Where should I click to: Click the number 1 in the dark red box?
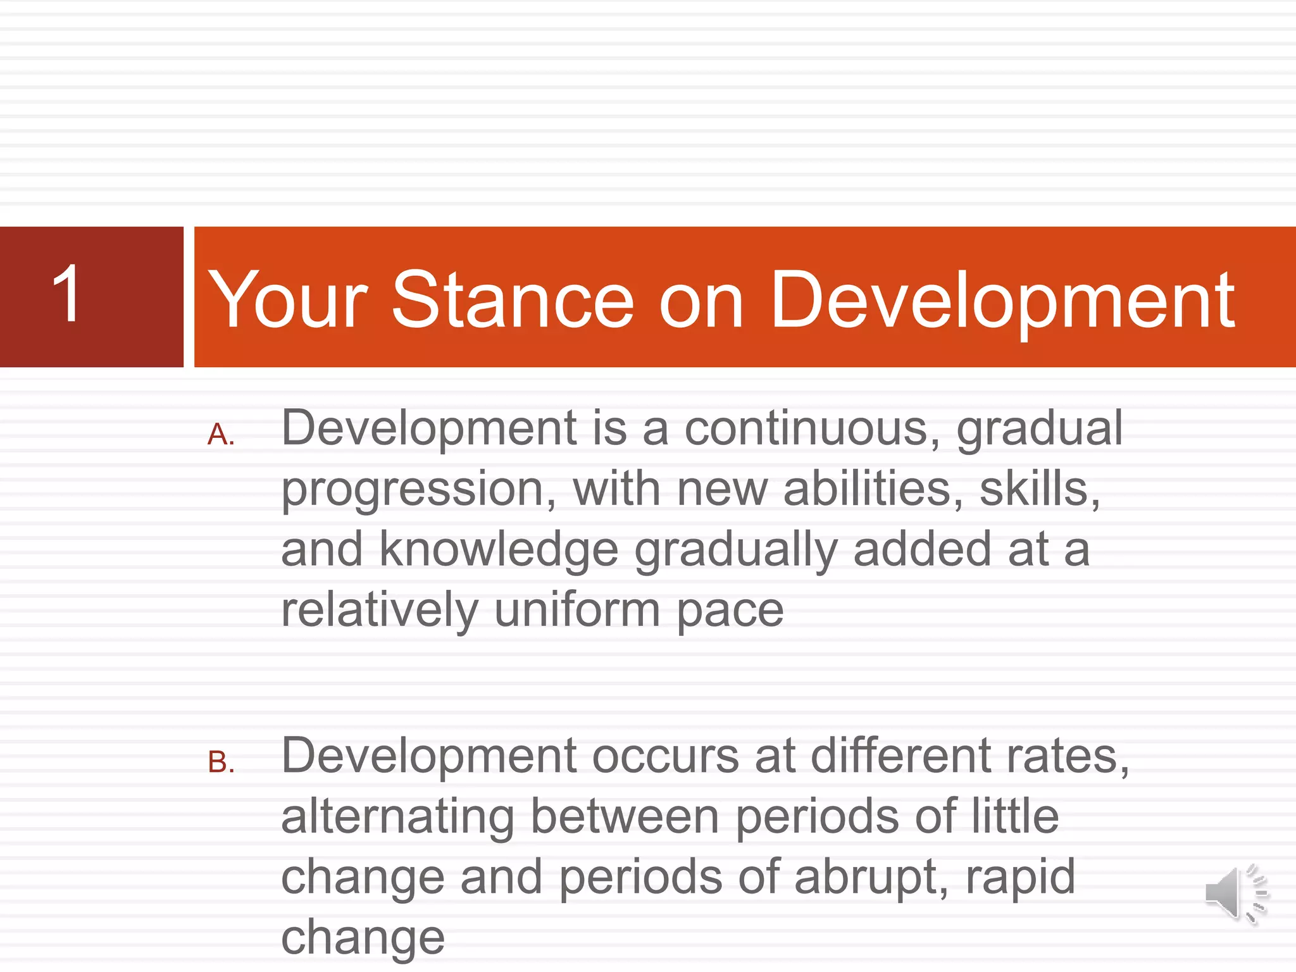coord(66,294)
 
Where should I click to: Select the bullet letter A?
coord(220,435)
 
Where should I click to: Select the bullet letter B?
coord(220,763)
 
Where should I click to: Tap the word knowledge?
coord(499,549)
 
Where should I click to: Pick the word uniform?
coord(576,610)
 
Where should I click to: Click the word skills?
coord(1038,489)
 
